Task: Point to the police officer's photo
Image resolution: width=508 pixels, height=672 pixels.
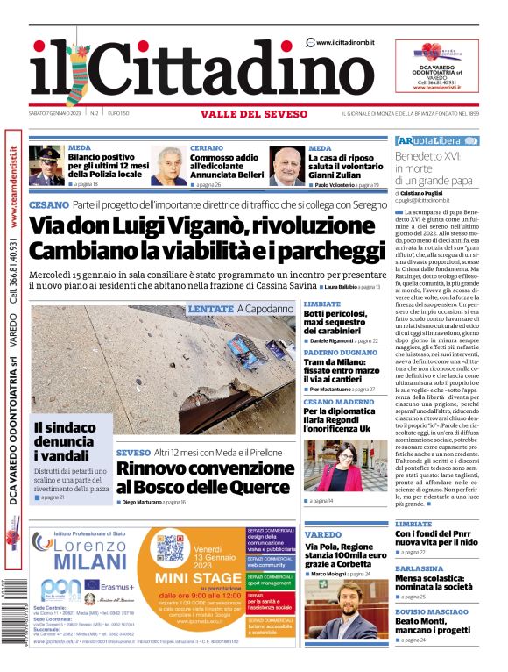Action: pos(46,166)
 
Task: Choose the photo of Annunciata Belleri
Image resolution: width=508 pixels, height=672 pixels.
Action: pos(168,166)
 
